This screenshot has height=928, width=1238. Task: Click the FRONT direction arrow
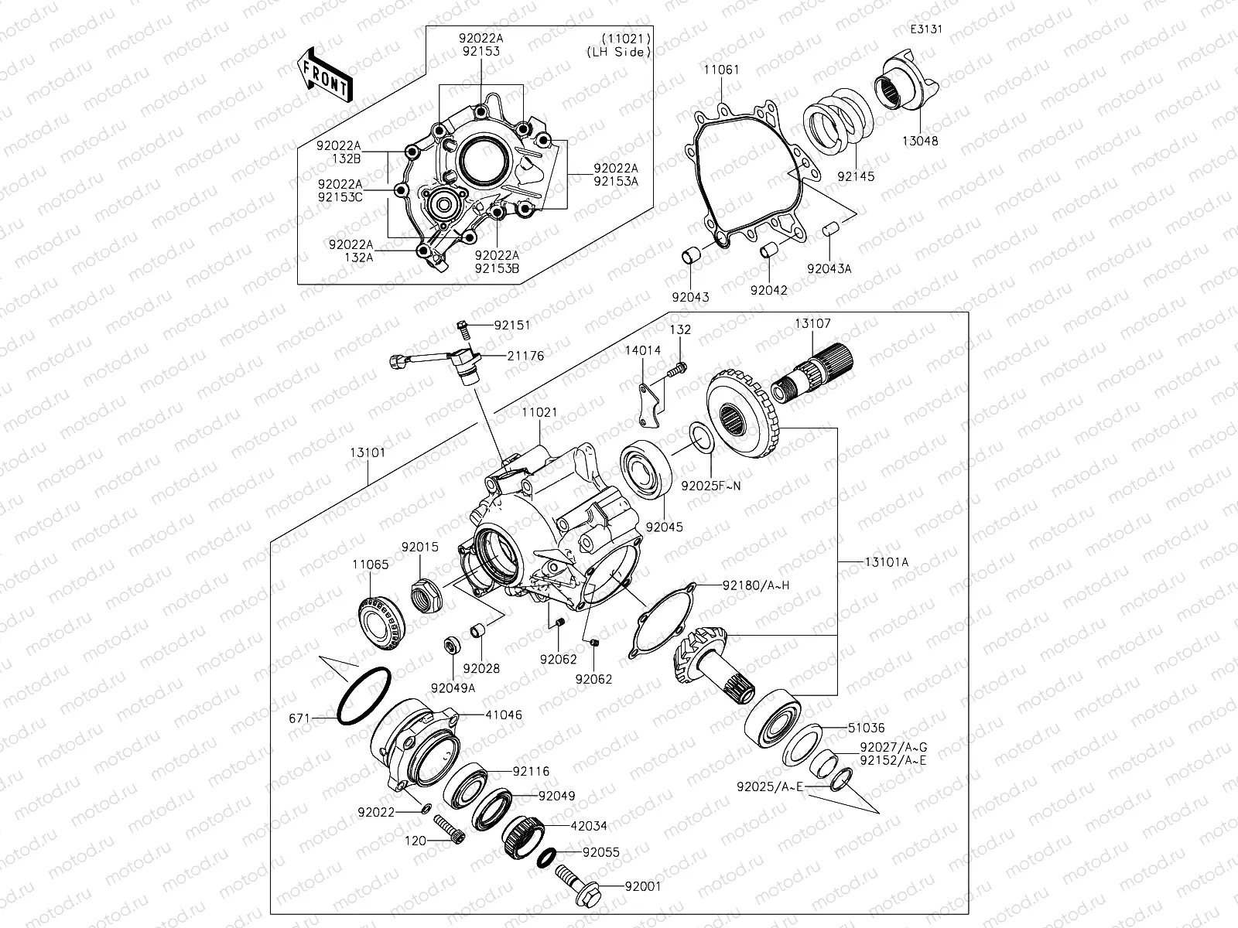coord(323,76)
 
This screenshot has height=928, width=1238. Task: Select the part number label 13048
coord(919,142)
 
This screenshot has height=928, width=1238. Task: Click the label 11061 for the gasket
coord(720,70)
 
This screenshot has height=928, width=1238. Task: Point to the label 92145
coord(856,176)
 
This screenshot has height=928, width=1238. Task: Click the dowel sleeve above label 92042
coord(768,252)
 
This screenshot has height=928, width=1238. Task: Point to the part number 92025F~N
coord(710,486)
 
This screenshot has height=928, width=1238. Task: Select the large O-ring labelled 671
coord(364,696)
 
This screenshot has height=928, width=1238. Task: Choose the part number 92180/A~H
coord(756,585)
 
